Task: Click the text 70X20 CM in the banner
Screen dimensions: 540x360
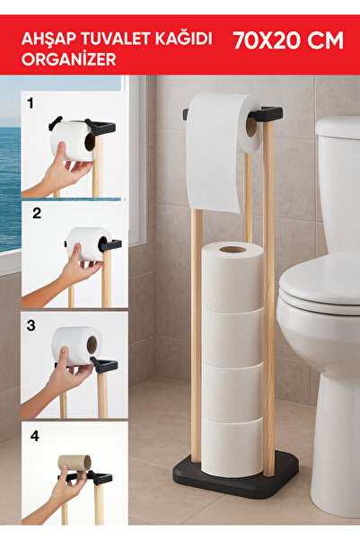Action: tap(287, 40)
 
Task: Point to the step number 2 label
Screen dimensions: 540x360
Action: tap(37, 214)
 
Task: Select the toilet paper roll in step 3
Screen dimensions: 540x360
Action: tap(76, 344)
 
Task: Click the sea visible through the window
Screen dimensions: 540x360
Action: tap(10, 180)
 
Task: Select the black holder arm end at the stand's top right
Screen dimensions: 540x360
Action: tap(268, 115)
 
